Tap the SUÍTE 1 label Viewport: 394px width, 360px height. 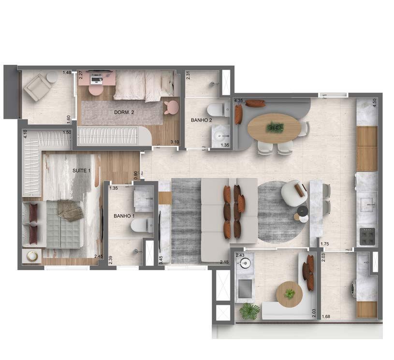[x=81, y=171]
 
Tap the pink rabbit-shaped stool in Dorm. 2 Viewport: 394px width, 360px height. [x=170, y=107]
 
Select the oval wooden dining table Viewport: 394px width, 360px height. [x=274, y=127]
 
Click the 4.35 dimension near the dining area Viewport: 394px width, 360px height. [x=238, y=101]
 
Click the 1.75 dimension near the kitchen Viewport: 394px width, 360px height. [x=324, y=245]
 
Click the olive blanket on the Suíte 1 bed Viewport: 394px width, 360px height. [x=70, y=210]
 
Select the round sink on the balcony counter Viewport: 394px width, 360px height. [x=244, y=264]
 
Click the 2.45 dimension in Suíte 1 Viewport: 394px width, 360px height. [x=98, y=256]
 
